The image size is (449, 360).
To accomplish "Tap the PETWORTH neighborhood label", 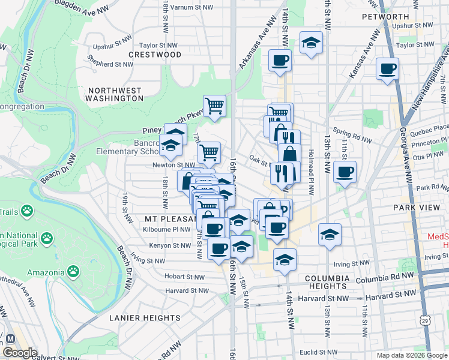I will [385, 16].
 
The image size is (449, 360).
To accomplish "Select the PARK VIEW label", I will [413, 207].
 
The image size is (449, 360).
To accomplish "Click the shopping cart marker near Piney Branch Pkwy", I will [214, 106].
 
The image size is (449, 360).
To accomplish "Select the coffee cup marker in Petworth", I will [387, 68].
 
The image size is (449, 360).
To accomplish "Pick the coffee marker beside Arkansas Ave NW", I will [280, 61].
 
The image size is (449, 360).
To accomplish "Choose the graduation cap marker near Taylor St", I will [311, 42].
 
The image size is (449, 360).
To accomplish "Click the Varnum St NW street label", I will [191, 7].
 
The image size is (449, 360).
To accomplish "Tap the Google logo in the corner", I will [20, 353].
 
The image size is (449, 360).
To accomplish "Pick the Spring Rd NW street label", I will [354, 136].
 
